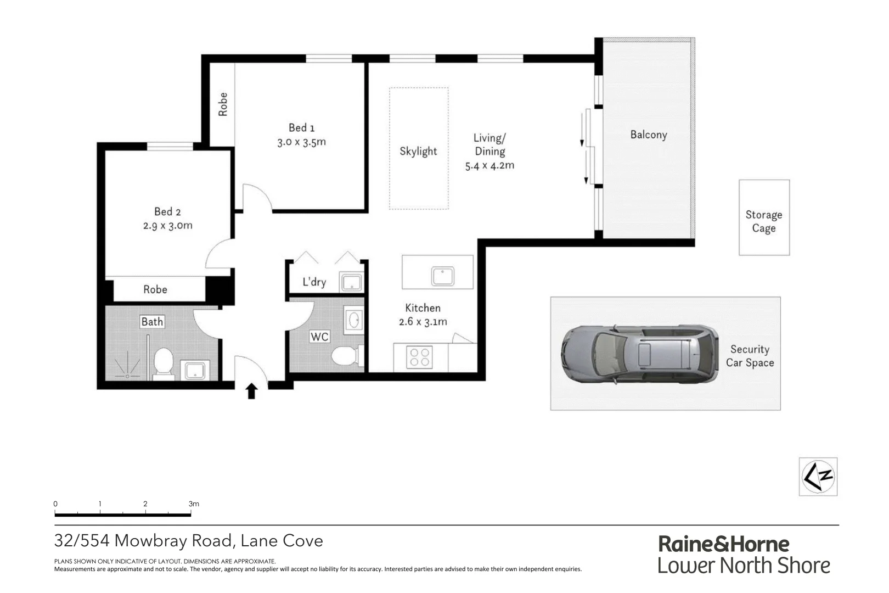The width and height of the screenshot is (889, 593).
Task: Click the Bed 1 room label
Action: click(x=301, y=127)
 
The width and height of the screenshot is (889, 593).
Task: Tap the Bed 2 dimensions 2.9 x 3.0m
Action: click(x=167, y=226)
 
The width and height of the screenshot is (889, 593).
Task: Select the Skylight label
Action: click(x=418, y=151)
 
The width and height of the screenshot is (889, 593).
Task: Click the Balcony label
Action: click(x=648, y=135)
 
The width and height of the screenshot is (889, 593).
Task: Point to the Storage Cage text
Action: click(x=763, y=221)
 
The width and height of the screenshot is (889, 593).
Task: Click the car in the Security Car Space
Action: click(x=639, y=354)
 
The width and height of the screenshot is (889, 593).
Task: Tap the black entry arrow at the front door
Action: click(x=251, y=391)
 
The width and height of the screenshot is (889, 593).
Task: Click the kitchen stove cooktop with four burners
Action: click(x=419, y=357)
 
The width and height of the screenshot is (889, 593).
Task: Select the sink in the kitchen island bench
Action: click(x=442, y=276)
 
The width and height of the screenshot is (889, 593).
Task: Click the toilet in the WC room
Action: click(x=346, y=356)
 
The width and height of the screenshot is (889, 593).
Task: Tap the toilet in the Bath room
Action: click(x=164, y=364)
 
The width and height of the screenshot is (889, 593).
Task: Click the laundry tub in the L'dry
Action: click(x=351, y=282)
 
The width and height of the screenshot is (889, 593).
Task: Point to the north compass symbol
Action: click(x=818, y=476)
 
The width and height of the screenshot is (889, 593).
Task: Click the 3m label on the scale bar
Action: click(x=193, y=504)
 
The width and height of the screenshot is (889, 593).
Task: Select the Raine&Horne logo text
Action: click(x=723, y=544)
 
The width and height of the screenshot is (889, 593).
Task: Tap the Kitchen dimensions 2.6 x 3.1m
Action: click(x=423, y=322)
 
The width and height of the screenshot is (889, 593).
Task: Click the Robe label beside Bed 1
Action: click(x=223, y=104)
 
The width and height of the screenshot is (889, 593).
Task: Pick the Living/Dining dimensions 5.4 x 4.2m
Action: click(x=489, y=165)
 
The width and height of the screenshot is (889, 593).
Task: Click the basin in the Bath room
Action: click(x=194, y=370)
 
